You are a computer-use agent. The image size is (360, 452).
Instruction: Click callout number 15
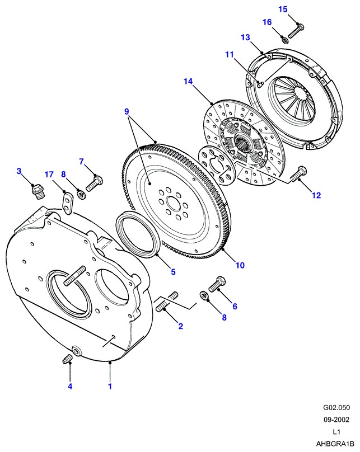pos(283,9)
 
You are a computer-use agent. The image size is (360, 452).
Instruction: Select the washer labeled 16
pos(285,39)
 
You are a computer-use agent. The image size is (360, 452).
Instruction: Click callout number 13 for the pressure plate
pos(245,37)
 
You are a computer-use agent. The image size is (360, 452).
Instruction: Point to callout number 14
pos(188,82)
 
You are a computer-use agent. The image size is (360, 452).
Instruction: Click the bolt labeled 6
pos(217,284)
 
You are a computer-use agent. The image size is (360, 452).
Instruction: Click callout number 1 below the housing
pos(110,386)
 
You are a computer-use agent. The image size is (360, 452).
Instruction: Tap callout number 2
pos(180,326)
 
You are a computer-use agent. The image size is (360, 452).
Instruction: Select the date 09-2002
pos(334,421)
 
